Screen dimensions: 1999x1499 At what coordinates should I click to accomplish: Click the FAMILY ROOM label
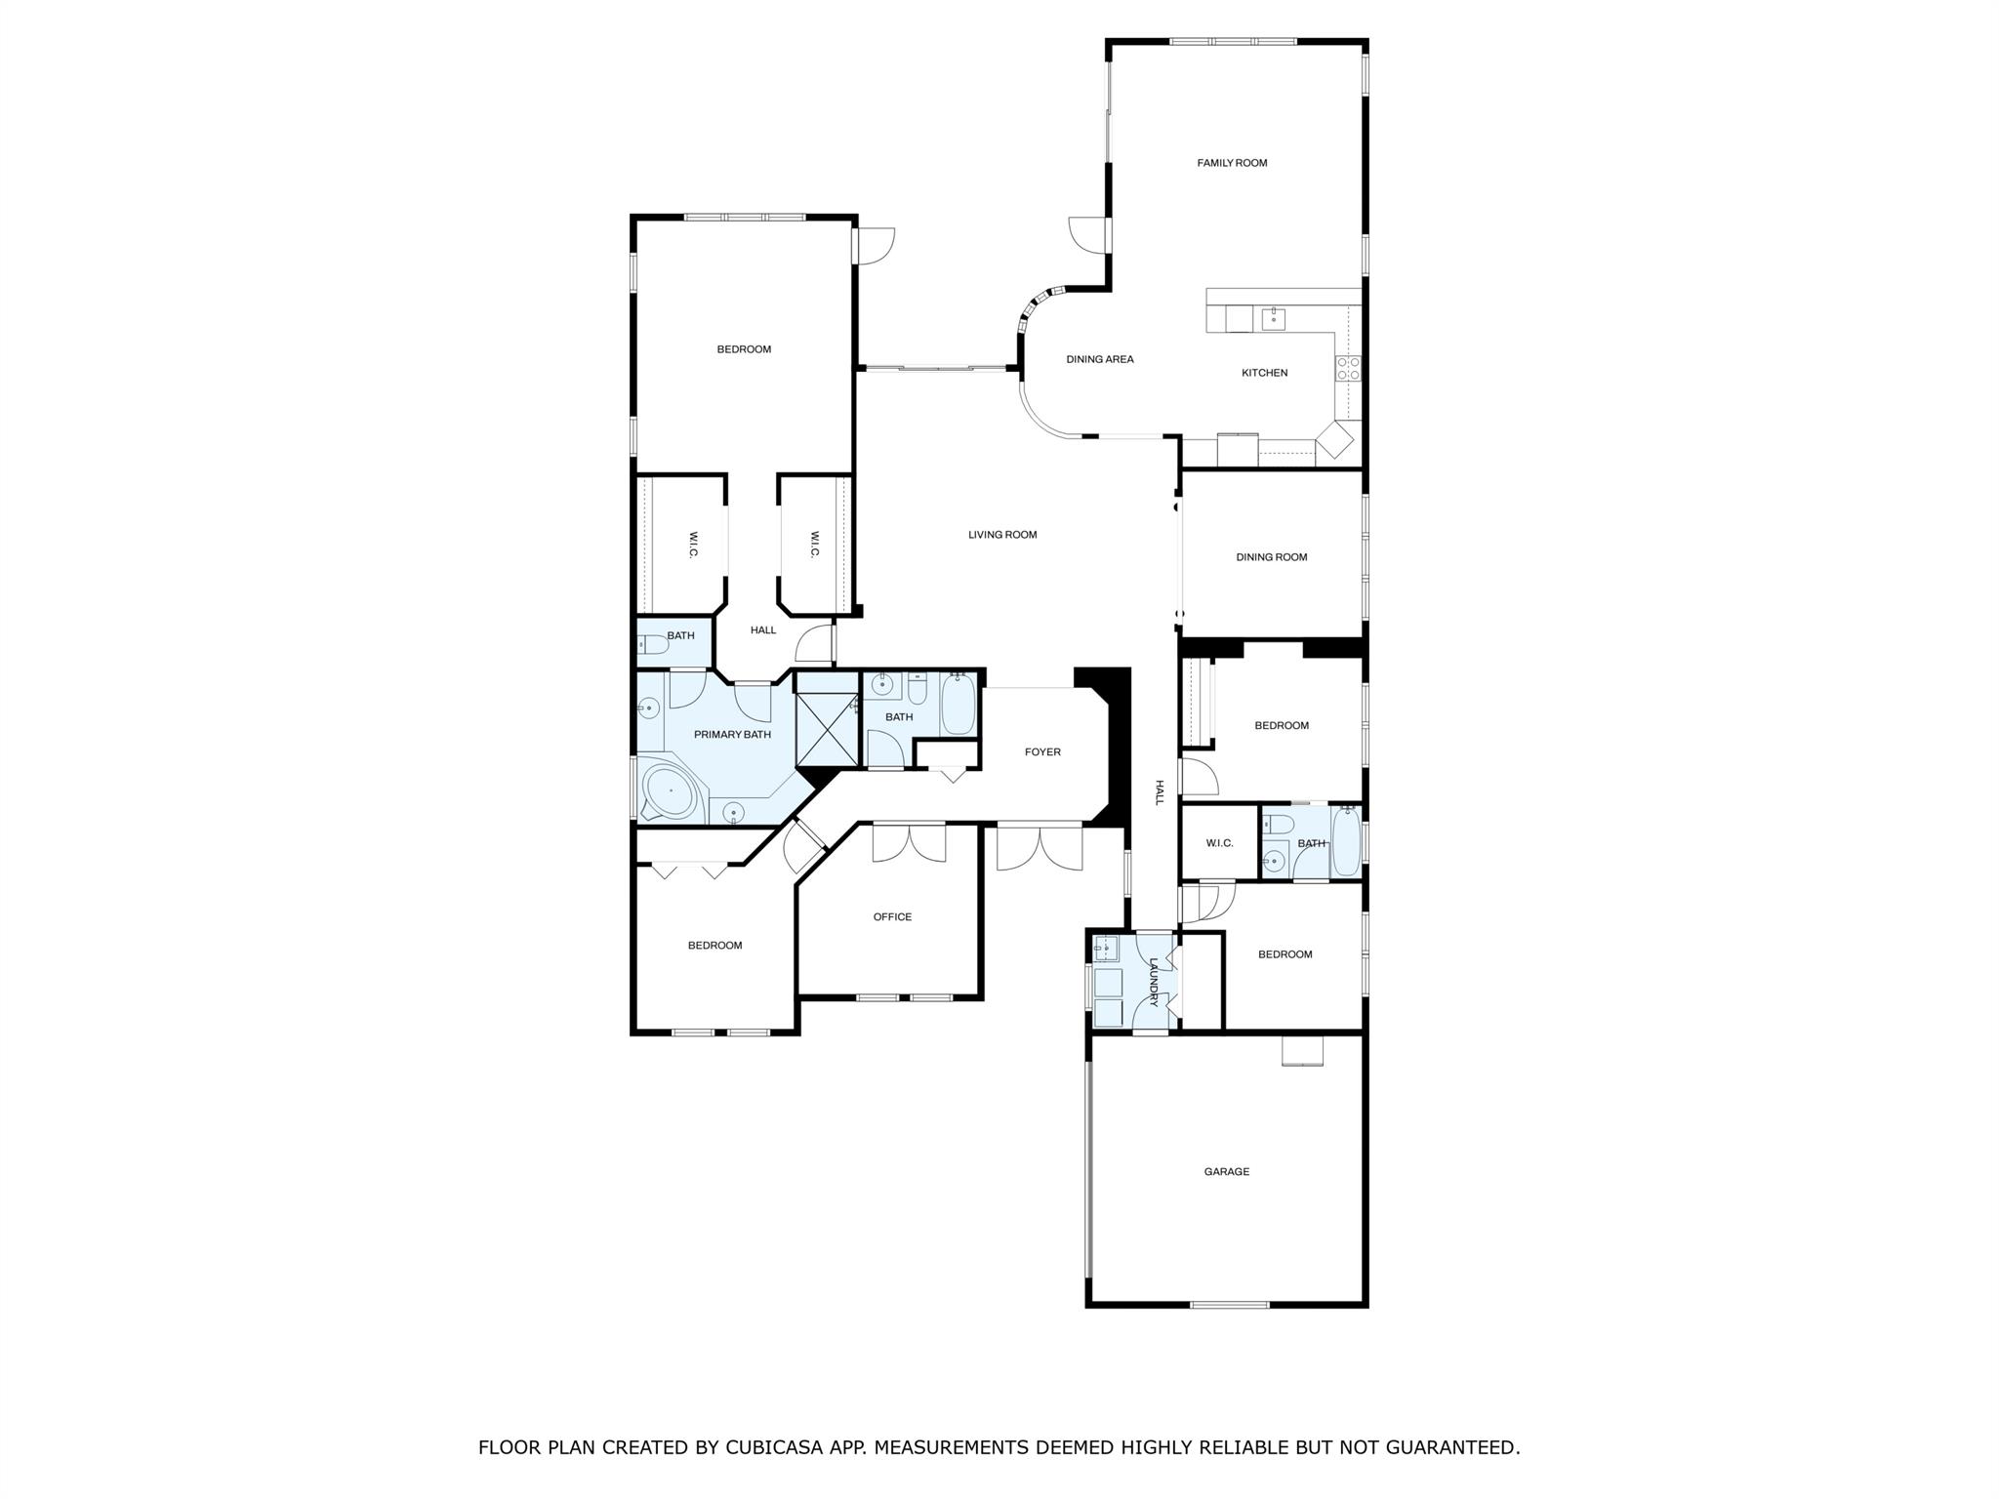pos(1232,163)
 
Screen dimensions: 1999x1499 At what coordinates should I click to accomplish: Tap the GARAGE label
pos(1226,1171)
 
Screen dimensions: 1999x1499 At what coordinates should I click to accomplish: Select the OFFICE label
pos(892,916)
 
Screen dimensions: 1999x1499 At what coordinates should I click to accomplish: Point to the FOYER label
pos(1042,751)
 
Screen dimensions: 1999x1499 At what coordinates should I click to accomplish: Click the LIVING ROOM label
pos(1002,535)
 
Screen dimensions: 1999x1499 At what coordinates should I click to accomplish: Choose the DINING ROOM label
pos(1271,557)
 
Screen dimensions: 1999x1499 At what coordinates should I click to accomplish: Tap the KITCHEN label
pos(1264,373)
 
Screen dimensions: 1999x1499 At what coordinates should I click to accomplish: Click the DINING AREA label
pos(1100,359)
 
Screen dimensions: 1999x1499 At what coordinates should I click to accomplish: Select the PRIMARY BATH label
pos(732,734)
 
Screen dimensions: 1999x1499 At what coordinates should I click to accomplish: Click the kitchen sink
pos(1273,318)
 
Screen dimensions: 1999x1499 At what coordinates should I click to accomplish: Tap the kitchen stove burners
pos(1348,368)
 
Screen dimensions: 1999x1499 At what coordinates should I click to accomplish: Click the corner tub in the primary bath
pos(668,790)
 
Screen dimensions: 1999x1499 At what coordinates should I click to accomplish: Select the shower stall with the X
pos(827,729)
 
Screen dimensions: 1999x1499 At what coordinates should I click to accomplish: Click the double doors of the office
pos(909,843)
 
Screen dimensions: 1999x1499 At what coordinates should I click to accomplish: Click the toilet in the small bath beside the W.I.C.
pos(653,644)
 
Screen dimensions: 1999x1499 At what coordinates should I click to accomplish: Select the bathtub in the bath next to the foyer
pos(958,705)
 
